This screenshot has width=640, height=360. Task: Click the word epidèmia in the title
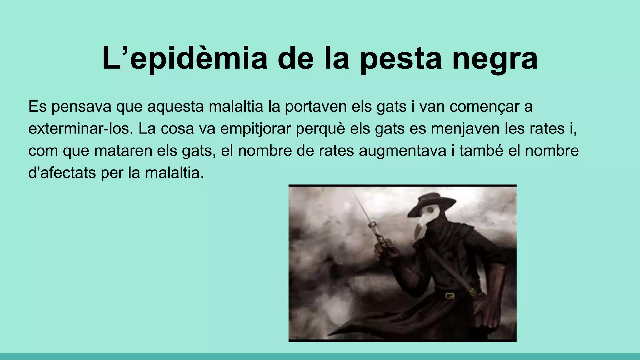pos(198,58)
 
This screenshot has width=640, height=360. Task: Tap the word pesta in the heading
pos(401,58)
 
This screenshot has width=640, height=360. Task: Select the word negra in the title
pos(495,58)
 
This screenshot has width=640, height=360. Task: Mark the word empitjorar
pos(255,128)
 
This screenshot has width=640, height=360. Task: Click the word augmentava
pos(402,151)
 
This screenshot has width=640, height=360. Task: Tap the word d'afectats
pos(62,173)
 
